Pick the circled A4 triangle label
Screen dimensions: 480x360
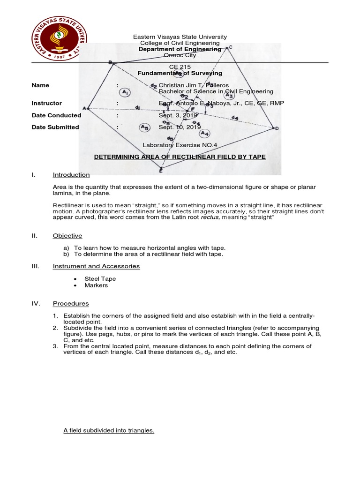coord(204,134)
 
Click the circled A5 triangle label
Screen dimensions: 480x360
coord(144,127)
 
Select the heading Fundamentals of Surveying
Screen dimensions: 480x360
coord(180,73)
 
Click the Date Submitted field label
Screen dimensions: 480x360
coord(55,127)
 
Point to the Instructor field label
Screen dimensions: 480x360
coord(46,103)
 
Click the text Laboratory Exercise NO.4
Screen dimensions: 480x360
coord(180,145)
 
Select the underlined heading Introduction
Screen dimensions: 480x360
coord(71,175)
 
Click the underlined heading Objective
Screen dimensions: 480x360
coord(67,236)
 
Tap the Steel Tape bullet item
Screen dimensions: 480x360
coord(100,279)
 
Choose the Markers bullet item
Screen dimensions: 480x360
coord(96,285)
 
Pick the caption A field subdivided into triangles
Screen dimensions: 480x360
coord(109,430)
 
